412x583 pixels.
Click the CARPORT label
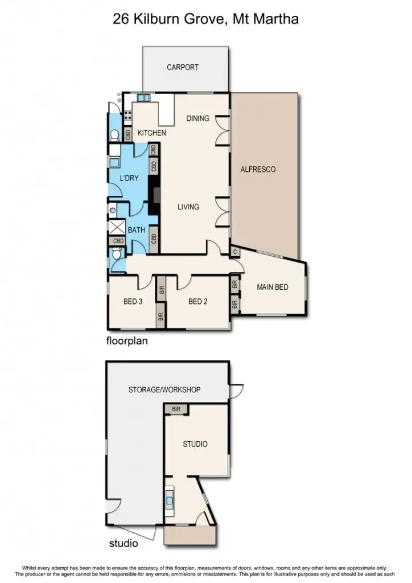coord(183,67)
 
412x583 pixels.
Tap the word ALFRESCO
coord(258,169)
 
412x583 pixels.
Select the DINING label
coord(198,118)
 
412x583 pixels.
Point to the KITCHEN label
coord(152,133)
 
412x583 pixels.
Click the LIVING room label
coord(188,207)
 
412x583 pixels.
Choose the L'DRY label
coord(129,178)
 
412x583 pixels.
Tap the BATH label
coord(136,230)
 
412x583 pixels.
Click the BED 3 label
coord(133,302)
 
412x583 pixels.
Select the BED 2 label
coord(197,302)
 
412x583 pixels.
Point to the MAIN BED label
coord(273,287)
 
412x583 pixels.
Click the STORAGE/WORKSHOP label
coord(164,390)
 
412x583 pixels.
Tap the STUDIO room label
coord(195,444)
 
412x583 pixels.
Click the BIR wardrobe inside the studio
coord(175,409)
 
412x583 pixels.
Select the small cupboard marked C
coord(234,251)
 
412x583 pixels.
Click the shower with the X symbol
coord(117,226)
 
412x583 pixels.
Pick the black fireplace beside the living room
coord(153,195)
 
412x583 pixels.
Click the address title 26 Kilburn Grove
coord(205,20)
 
